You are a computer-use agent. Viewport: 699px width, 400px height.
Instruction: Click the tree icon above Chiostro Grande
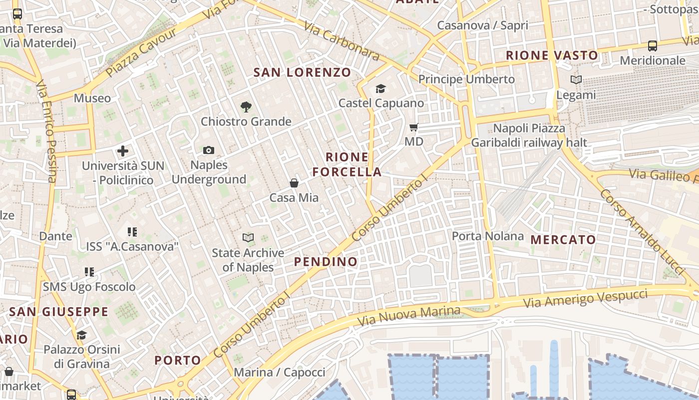(x=246, y=106)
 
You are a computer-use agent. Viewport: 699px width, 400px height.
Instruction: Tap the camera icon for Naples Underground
(x=209, y=150)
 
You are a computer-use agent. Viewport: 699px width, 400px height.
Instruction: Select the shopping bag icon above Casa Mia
(x=294, y=183)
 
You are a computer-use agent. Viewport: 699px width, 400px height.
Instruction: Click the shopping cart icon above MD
(x=413, y=127)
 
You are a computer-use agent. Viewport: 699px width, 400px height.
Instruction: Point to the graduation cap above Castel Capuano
(x=381, y=89)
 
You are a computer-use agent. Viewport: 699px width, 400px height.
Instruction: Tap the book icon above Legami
(x=576, y=79)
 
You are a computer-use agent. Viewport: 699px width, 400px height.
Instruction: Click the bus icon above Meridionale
(x=652, y=46)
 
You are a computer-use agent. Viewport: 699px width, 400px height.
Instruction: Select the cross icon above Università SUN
(x=123, y=151)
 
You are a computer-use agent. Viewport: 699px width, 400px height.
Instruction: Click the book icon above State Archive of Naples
(x=248, y=237)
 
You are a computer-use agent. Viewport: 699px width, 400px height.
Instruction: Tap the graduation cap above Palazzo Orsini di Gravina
(x=81, y=335)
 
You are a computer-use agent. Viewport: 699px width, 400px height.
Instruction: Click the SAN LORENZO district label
(x=302, y=72)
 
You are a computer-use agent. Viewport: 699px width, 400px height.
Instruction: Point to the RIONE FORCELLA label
(x=347, y=164)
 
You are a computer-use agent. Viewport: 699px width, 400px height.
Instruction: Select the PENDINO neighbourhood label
(x=326, y=261)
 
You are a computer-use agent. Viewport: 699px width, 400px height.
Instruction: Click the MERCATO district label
(x=563, y=239)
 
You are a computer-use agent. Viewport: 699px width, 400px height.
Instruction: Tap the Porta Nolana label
(x=488, y=236)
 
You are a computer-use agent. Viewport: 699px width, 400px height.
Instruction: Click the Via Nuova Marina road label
(x=409, y=315)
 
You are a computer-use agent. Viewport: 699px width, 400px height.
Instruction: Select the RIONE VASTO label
(x=552, y=55)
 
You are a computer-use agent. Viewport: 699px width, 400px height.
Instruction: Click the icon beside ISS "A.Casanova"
(x=132, y=231)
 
